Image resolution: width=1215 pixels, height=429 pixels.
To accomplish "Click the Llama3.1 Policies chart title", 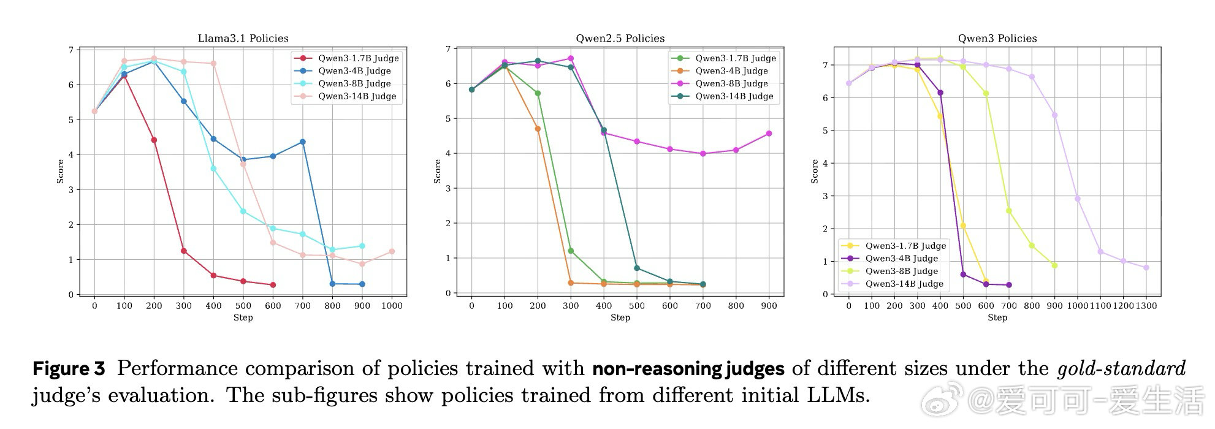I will (x=243, y=38).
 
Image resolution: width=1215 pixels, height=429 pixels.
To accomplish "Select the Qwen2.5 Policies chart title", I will (x=620, y=38).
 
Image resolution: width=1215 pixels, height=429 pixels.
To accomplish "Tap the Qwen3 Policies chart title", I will (x=997, y=38).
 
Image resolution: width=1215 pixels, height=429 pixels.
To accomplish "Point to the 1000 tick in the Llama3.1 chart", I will (x=392, y=305).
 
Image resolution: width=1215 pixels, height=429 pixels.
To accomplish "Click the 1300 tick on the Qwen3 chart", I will (x=1146, y=305).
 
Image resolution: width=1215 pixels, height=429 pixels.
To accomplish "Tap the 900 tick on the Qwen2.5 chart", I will (x=769, y=305).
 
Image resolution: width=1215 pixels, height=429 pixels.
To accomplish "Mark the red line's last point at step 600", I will (x=273, y=285).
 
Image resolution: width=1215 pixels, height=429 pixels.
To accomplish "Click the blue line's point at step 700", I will (x=303, y=142).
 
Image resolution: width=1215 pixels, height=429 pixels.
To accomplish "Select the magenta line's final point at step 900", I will (x=769, y=134).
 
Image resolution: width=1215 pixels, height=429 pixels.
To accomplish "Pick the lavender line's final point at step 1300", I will (x=1146, y=268).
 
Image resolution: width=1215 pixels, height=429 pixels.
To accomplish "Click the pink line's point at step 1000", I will (x=392, y=251).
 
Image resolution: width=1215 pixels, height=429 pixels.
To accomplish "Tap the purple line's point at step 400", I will (x=940, y=93).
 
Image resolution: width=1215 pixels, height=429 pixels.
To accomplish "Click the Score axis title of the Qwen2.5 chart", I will (x=437, y=172).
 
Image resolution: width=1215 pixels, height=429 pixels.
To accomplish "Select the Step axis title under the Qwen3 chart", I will (x=997, y=317).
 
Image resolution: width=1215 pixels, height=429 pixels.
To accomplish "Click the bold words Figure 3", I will (x=69, y=369).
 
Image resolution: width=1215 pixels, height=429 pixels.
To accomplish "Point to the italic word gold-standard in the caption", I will (x=1121, y=369).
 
